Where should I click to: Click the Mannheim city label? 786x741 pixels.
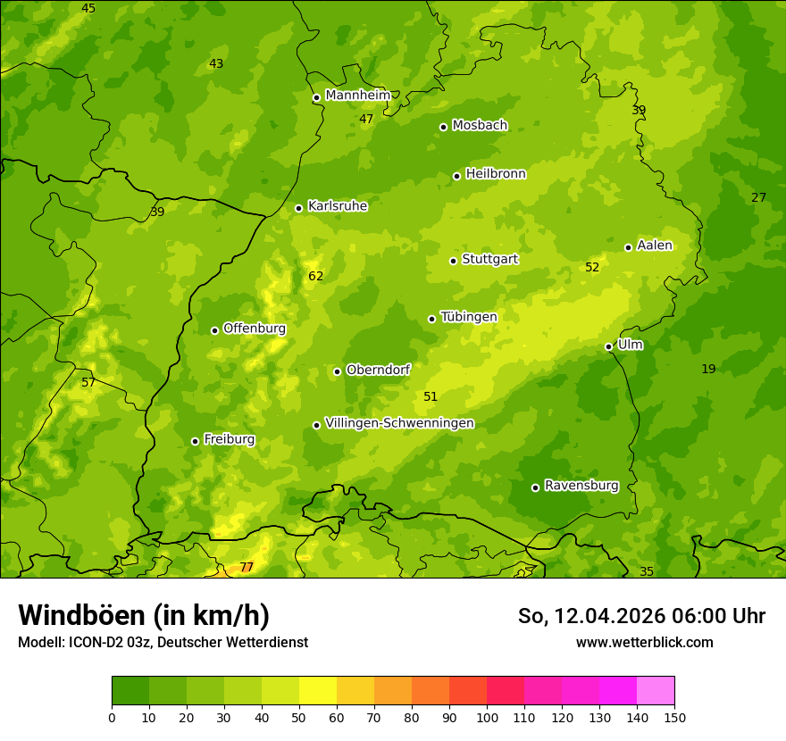pyautogui.click(x=357, y=96)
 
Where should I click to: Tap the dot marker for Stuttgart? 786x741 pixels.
pyautogui.click(x=453, y=261)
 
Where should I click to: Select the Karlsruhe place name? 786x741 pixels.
pyautogui.click(x=337, y=206)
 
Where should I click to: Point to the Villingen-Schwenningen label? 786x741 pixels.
pyautogui.click(x=399, y=423)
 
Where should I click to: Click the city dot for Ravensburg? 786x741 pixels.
pyautogui.click(x=535, y=487)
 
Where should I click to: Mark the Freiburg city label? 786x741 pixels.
pyautogui.click(x=229, y=439)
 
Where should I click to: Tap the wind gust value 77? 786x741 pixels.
pyautogui.click(x=247, y=568)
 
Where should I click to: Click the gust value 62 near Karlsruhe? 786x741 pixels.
pyautogui.click(x=315, y=277)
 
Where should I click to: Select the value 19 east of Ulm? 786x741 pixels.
pyautogui.click(x=708, y=370)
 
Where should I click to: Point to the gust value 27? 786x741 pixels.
pyautogui.click(x=758, y=198)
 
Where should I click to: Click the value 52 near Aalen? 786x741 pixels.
pyautogui.click(x=592, y=268)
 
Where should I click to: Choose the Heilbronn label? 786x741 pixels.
pyautogui.click(x=496, y=174)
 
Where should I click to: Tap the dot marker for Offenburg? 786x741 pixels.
pyautogui.click(x=214, y=330)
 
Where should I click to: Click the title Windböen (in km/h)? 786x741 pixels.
pyautogui.click(x=144, y=615)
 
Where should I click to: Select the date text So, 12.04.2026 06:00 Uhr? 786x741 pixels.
pyautogui.click(x=641, y=616)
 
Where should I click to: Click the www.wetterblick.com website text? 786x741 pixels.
pyautogui.click(x=644, y=642)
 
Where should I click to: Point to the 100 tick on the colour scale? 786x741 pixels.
pyautogui.click(x=487, y=717)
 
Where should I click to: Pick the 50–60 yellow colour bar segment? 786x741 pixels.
pyautogui.click(x=318, y=691)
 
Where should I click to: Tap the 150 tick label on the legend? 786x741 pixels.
pyautogui.click(x=674, y=717)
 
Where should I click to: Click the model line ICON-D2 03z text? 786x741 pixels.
pyautogui.click(x=163, y=642)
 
